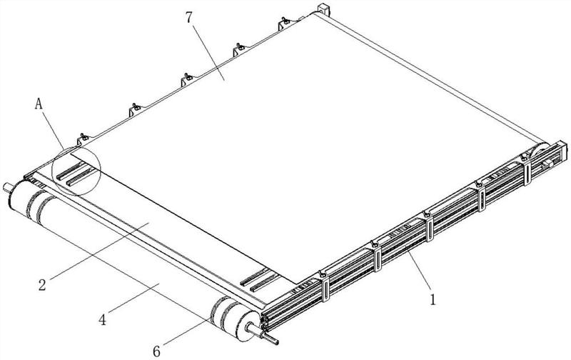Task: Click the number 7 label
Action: tap(188, 17)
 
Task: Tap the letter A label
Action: tap(39, 104)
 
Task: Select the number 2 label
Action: tap(42, 284)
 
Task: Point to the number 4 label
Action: tap(103, 320)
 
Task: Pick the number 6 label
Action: tap(156, 351)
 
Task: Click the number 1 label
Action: tap(433, 299)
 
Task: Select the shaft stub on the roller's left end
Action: tap(6, 188)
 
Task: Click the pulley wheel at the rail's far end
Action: tap(540, 153)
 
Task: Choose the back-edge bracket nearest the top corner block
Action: tap(285, 24)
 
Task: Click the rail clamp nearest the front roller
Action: tap(324, 286)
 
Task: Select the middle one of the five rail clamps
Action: tap(428, 226)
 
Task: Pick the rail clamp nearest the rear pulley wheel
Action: tap(527, 169)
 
